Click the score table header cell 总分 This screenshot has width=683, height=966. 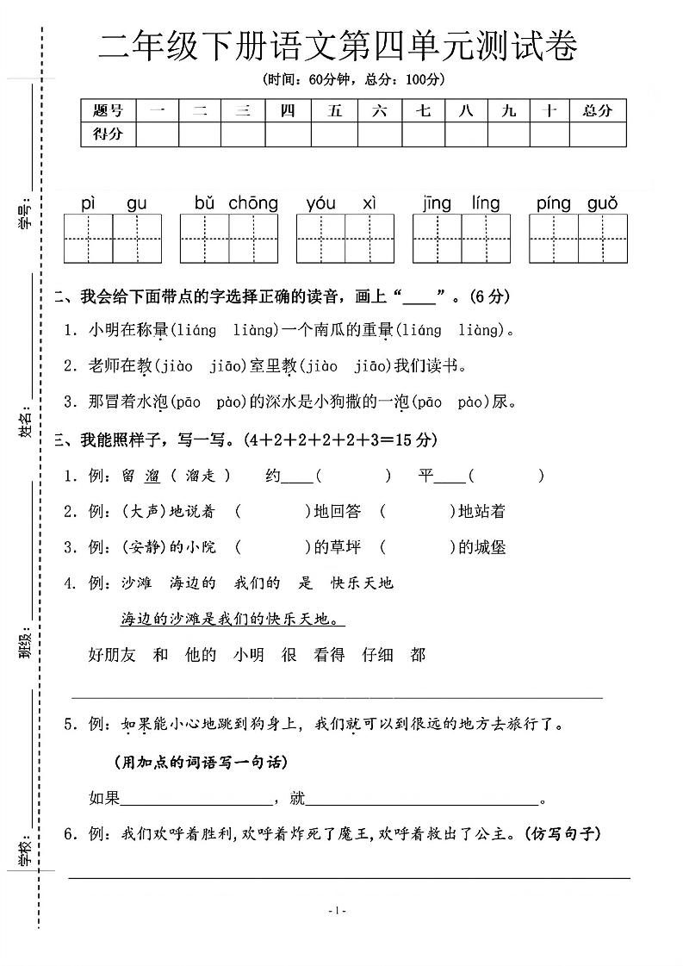(597, 110)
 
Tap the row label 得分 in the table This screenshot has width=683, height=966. (108, 134)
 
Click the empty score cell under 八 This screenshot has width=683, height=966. (466, 134)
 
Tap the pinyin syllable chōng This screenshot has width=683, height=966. (253, 204)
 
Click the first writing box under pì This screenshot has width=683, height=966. (89, 239)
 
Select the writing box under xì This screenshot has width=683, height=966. (369, 239)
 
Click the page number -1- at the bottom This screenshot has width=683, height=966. (338, 911)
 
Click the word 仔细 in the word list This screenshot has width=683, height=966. (377, 655)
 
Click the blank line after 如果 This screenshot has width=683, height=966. (196, 800)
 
